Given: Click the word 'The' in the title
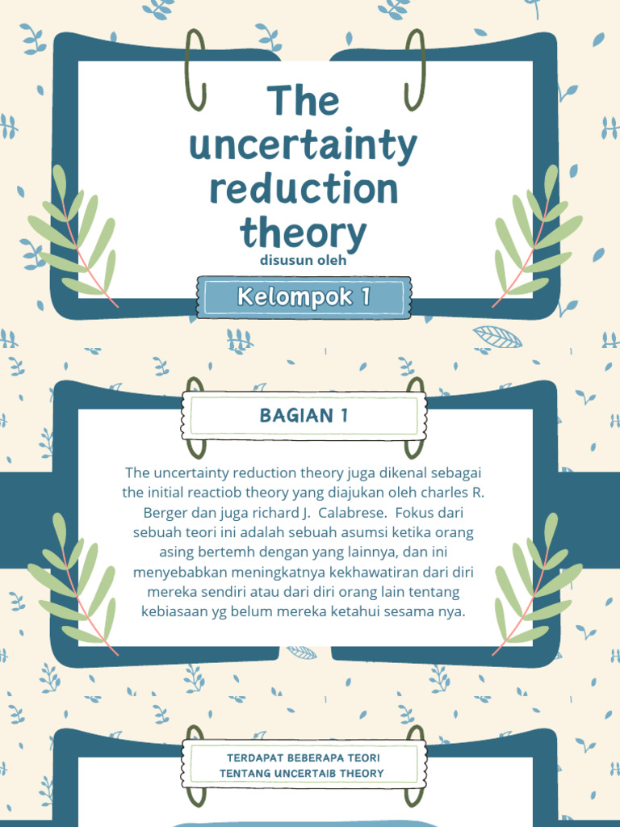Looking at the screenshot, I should click(303, 101).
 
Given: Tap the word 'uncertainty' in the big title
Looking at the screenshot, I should click(303, 145).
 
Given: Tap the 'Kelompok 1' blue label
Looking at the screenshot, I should click(304, 296).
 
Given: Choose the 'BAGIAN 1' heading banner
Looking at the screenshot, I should click(304, 416).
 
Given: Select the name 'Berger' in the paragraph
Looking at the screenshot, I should click(165, 512).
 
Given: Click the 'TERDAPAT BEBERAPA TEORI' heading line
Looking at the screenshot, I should click(304, 758).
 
